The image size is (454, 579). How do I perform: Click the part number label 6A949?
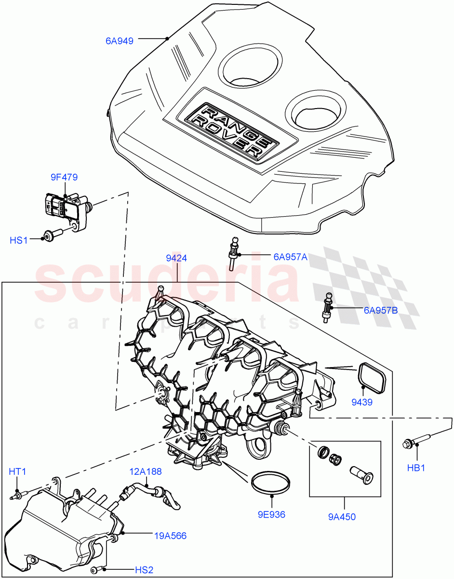(120, 41)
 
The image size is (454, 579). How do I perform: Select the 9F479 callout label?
(65, 178)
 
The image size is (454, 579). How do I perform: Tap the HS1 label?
(19, 240)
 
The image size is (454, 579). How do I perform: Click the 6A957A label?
(290, 257)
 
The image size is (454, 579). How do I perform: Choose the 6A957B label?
(381, 310)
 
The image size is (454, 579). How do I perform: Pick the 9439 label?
(361, 402)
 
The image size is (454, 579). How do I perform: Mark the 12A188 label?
(145, 471)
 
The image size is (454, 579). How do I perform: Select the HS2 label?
(144, 570)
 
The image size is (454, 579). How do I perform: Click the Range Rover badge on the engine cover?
(229, 131)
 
